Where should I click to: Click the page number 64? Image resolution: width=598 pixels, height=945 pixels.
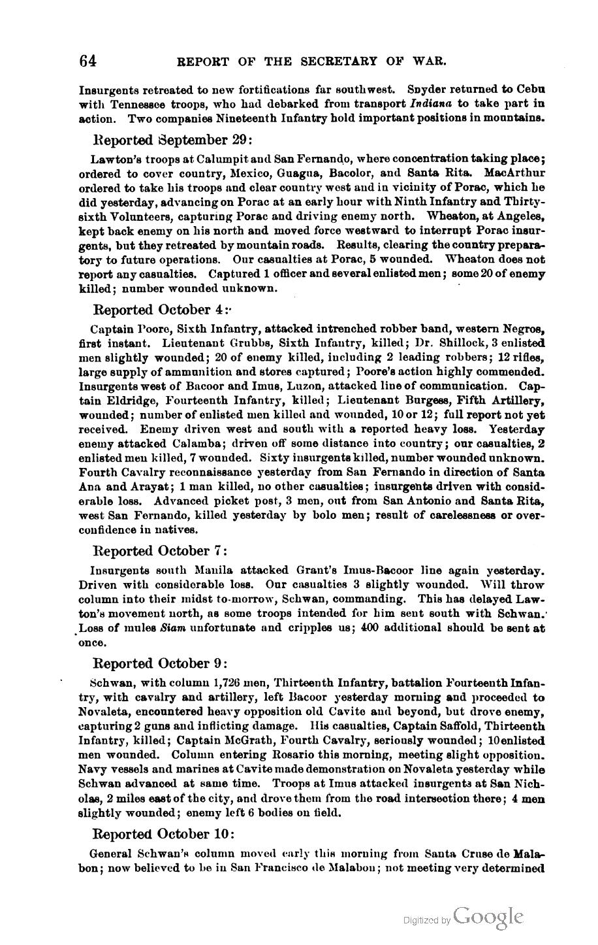(88, 61)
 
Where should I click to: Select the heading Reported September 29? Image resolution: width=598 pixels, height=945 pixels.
(172, 140)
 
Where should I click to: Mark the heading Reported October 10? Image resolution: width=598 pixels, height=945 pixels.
(163, 834)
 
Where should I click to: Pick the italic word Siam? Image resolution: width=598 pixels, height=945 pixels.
(173, 628)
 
